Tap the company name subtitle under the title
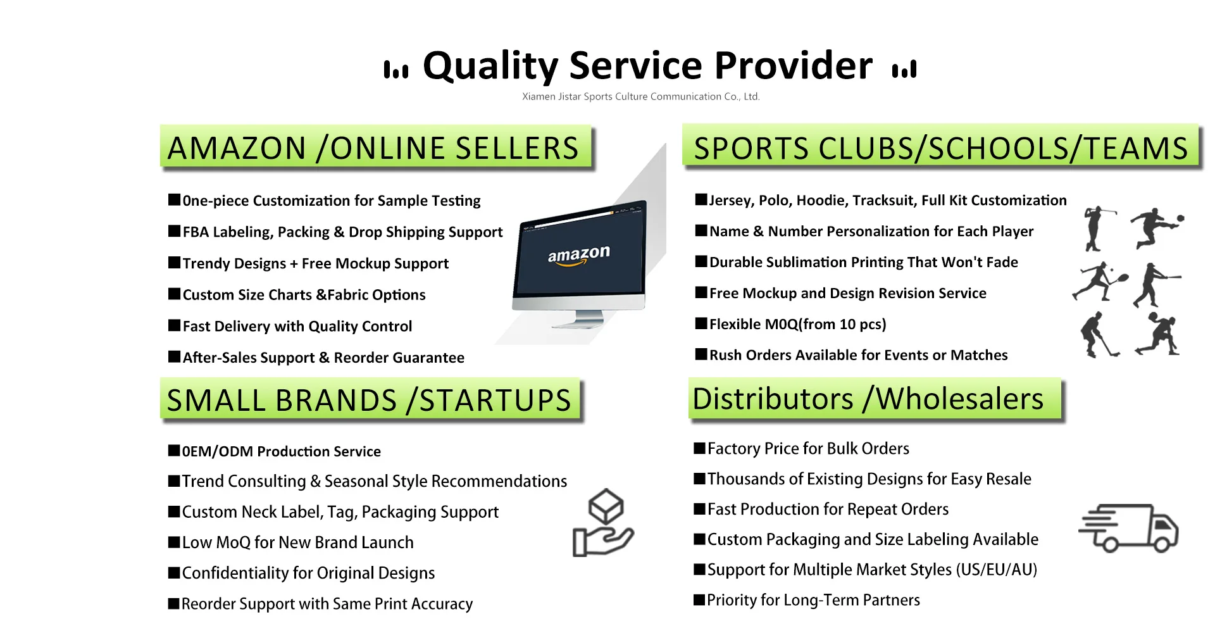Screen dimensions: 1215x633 (x=640, y=97)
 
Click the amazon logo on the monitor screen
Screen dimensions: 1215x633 (x=579, y=255)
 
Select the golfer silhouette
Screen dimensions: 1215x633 (x=1098, y=229)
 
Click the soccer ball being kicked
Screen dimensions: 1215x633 (x=1180, y=218)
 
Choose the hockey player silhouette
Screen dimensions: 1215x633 (x=1099, y=334)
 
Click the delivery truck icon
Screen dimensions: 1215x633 (x=1128, y=528)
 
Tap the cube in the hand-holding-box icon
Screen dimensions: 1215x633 (x=606, y=506)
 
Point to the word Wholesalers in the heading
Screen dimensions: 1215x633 (x=959, y=399)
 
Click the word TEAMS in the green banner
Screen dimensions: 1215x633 (x=1136, y=149)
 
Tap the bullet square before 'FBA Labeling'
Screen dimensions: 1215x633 (x=175, y=231)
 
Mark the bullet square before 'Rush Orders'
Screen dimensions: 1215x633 (x=701, y=354)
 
